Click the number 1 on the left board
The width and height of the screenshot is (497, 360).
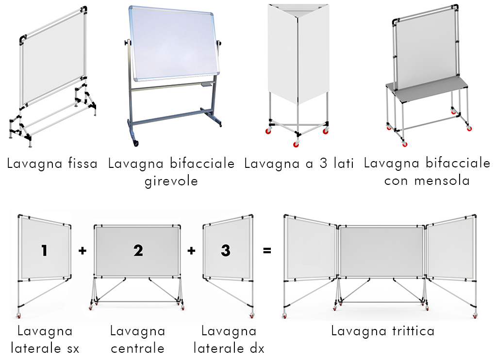44,250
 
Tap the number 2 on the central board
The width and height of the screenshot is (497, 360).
138,250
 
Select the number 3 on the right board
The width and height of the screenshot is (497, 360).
225,250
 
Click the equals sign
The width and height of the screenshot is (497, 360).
267,251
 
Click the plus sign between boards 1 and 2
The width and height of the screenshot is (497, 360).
83,251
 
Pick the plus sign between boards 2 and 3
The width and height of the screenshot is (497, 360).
191,251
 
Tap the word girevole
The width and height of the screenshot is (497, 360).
171,181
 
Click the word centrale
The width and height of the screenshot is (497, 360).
137,348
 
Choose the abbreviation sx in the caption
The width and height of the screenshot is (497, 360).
73,349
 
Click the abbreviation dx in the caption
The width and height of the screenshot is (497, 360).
257,348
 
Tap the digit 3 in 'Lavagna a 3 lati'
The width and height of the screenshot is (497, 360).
324,163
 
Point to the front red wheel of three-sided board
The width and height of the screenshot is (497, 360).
296,144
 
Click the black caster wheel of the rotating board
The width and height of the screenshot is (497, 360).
136,143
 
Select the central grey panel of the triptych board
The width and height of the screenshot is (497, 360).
381,252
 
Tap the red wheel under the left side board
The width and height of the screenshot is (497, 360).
19,316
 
